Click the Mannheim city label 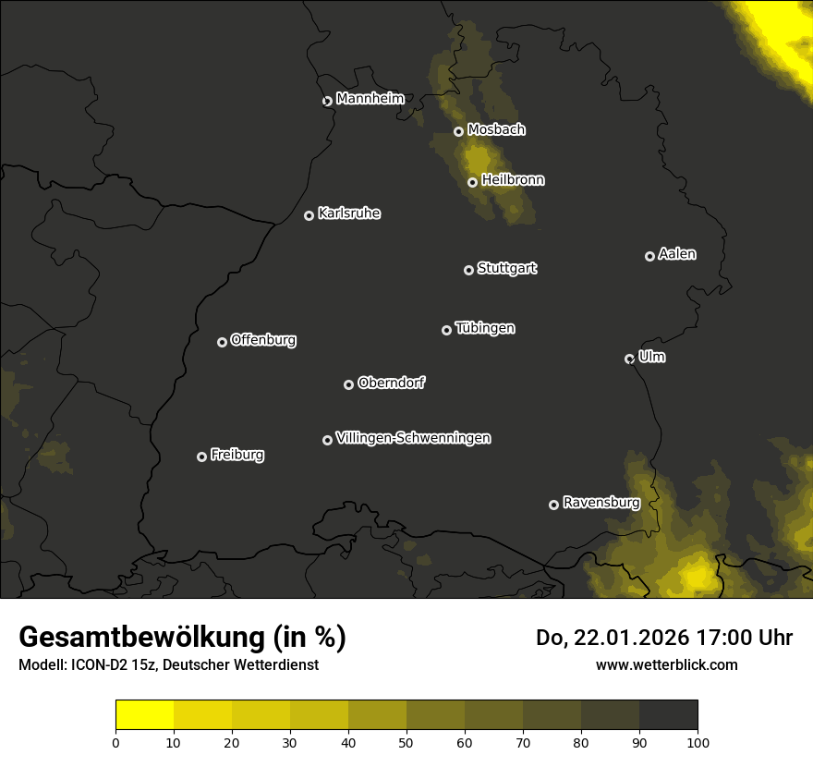[x=370, y=99]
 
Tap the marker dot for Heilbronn [x=472, y=182]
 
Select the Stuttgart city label [x=506, y=269]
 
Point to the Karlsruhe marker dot [x=309, y=215]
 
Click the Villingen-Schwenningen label [x=413, y=438]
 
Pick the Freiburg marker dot [x=201, y=457]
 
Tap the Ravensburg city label [x=601, y=504]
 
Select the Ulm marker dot [x=629, y=359]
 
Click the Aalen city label [x=676, y=254]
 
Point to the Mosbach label [x=495, y=130]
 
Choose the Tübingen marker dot [x=446, y=330]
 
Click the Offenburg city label [x=262, y=340]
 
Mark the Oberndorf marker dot [x=348, y=384]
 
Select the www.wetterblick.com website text [x=666, y=664]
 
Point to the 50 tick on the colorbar [x=406, y=742]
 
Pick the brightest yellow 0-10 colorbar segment [x=144, y=715]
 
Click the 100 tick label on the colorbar [x=698, y=742]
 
